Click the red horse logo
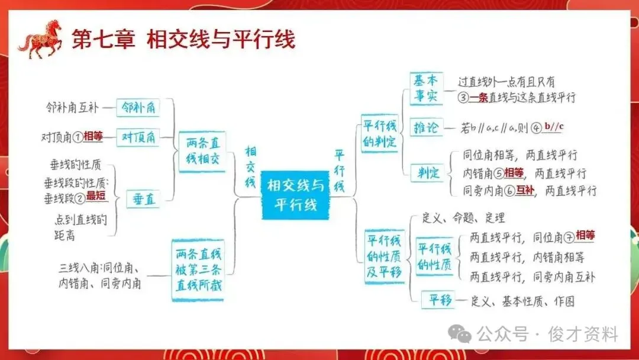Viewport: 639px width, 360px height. (x=40, y=38)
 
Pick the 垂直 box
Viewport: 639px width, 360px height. (x=143, y=200)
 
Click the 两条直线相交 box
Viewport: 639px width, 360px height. (x=202, y=152)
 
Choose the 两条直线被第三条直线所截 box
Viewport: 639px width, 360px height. (x=198, y=270)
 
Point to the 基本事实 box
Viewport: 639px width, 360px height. (x=426, y=88)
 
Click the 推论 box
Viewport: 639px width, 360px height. (x=426, y=127)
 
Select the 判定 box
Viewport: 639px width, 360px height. (x=426, y=173)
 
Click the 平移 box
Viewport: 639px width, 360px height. (x=438, y=300)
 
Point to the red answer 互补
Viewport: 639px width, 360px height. (x=524, y=190)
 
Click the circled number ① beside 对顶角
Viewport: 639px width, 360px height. (x=77, y=137)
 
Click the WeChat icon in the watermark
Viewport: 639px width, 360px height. (x=460, y=334)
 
